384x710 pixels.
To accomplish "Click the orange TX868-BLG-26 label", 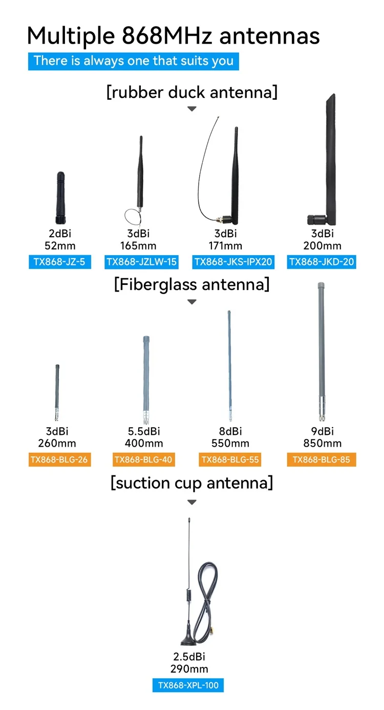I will pos(59,460).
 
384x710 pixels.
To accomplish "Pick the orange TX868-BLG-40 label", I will pos(143,460).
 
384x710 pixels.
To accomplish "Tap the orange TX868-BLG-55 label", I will pos(230,460).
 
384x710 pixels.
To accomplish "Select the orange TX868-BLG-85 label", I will pos(322,460).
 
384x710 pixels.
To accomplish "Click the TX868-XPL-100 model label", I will pos(188,685).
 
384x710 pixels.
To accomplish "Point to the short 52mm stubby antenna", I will pos(60,197).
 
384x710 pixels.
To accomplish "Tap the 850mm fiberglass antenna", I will pos(322,348).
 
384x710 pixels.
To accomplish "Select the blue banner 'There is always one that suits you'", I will pos(133,61).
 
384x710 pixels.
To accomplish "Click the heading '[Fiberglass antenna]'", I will pos(191,284).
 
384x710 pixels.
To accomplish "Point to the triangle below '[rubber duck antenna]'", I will pos(191,109).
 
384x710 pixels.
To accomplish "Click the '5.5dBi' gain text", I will pos(144,431).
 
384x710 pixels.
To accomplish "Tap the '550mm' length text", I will pos(230,444).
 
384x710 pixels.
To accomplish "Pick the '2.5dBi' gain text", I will pos(189,657).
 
